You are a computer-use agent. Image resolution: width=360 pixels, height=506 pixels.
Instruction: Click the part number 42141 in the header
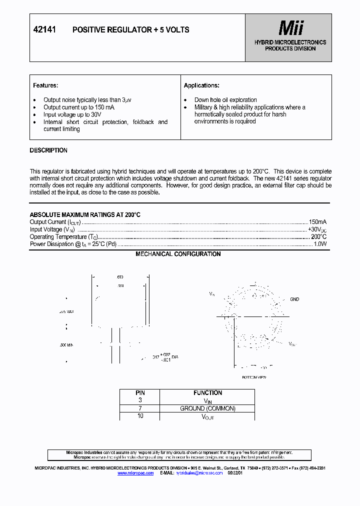(44, 30)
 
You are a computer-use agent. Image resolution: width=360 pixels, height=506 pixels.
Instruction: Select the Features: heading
(45, 85)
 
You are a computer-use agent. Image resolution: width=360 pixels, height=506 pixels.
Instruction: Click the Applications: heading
(201, 85)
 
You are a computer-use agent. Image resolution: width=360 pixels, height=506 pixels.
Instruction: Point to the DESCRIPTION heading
(48, 150)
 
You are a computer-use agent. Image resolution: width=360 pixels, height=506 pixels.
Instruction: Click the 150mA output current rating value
(317, 222)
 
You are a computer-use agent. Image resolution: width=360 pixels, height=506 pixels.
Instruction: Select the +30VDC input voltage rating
(317, 229)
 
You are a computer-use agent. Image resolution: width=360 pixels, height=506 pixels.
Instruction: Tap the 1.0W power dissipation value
(320, 244)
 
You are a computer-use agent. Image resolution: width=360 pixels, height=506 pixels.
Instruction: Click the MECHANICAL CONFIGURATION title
(178, 254)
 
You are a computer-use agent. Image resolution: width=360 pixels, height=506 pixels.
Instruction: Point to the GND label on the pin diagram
(294, 299)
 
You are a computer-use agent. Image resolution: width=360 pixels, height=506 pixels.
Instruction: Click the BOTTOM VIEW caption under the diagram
(254, 377)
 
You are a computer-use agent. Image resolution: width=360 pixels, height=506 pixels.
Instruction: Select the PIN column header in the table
(140, 393)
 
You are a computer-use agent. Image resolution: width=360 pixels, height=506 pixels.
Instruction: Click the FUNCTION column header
(207, 393)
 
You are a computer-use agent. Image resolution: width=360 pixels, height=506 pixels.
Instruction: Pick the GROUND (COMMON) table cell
(207, 408)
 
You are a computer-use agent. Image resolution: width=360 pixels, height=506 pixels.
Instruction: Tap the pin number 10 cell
(140, 416)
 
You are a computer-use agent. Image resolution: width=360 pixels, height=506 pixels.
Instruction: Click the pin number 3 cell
(140, 400)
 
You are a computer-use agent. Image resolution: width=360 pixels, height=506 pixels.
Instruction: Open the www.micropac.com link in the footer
(135, 472)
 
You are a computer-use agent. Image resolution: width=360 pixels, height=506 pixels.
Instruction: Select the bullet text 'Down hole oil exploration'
(225, 100)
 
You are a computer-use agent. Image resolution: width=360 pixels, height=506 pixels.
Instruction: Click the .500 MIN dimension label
(66, 345)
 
